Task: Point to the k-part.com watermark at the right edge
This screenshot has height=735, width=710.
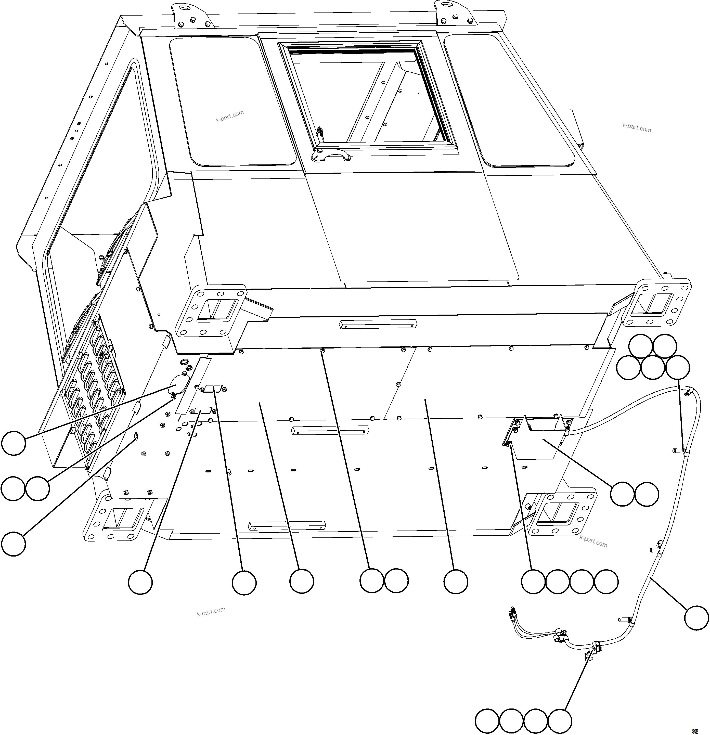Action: tap(637, 127)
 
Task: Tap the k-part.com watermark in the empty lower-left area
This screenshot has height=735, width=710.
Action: tap(211, 612)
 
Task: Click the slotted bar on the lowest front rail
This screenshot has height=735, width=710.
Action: tap(287, 525)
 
